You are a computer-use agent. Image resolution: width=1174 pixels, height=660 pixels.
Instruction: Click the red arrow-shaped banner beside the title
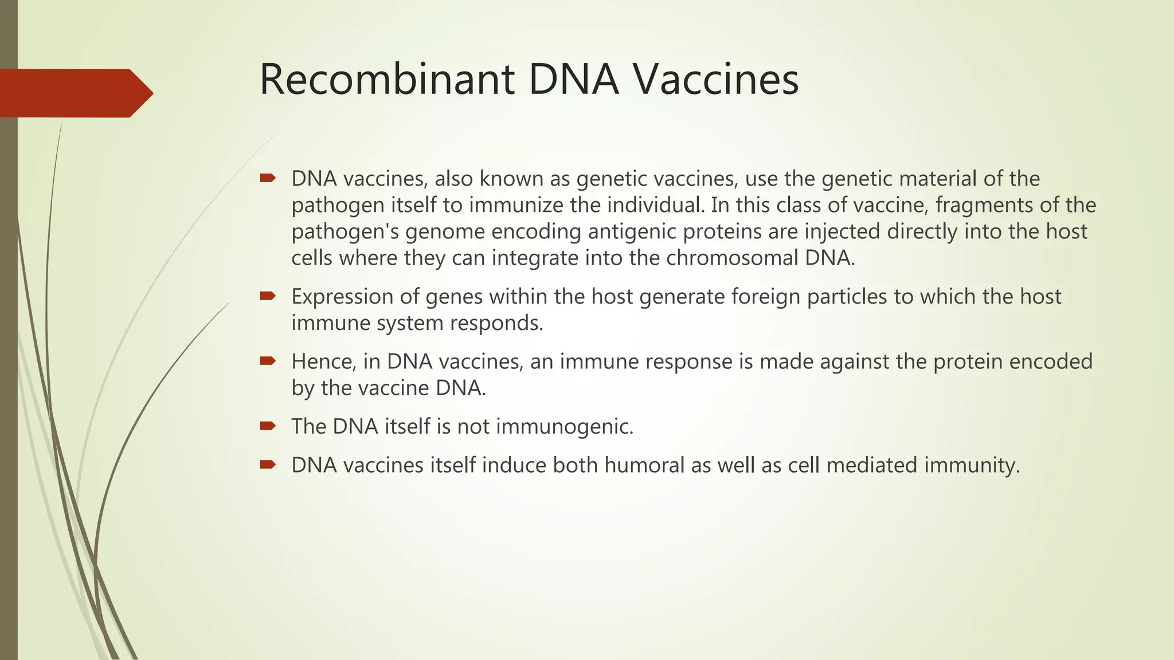point(75,93)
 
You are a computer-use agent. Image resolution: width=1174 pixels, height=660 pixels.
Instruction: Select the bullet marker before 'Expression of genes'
point(267,296)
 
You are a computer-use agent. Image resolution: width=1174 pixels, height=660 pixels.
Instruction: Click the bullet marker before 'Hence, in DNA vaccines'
point(267,361)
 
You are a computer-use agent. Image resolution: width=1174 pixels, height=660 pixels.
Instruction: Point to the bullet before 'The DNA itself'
point(267,426)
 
